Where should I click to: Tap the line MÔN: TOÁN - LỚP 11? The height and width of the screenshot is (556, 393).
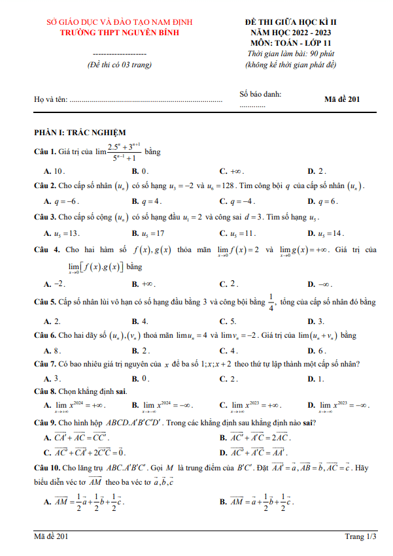tap(290, 42)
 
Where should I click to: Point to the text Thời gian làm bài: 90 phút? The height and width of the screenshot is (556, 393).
tap(290, 54)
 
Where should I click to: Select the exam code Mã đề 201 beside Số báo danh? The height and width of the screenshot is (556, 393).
tap(342, 99)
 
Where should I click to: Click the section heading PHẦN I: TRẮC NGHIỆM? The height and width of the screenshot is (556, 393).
tap(80, 132)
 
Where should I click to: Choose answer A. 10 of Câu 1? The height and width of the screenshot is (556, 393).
tap(54, 171)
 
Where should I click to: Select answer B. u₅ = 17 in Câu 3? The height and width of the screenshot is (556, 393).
tap(148, 233)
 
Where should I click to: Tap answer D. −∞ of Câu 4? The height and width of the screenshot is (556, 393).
tap(320, 284)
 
